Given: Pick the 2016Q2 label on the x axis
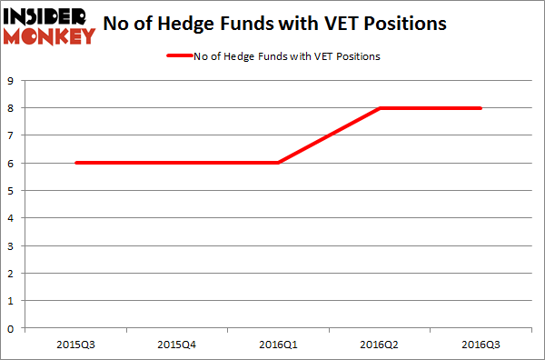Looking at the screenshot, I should [x=381, y=345].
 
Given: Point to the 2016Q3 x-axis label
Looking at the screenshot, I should [x=481, y=345].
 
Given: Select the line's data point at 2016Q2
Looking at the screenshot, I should [x=381, y=108].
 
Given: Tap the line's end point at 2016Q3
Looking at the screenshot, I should [x=481, y=108].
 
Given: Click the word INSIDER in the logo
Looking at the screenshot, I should [x=49, y=16].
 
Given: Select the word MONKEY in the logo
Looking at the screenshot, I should [x=49, y=35].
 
